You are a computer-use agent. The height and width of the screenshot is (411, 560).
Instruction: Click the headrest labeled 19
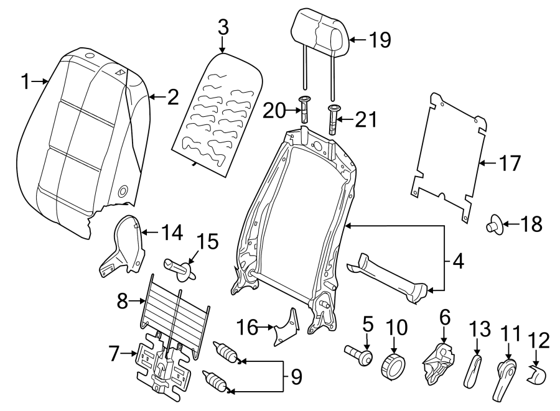click(319, 35)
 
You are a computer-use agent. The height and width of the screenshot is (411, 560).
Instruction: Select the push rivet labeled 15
click(179, 268)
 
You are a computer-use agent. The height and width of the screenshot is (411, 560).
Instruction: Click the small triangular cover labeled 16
click(287, 325)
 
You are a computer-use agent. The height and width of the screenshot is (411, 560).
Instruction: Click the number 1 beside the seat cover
click(25, 81)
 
